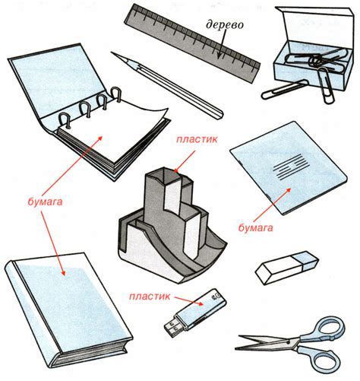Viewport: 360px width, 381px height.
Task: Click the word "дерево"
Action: coord(225,25)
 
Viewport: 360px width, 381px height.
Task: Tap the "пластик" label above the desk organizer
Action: coord(197,139)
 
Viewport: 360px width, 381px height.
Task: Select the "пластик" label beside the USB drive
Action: coord(150,297)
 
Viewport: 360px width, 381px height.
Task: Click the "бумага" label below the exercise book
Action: coord(255,228)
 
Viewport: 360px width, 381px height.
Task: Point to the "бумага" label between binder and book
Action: coord(45,202)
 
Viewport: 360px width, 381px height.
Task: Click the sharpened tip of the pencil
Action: coord(112,53)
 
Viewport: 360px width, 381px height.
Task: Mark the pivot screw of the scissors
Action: coord(289,342)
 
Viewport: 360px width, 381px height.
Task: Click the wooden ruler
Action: coord(192,43)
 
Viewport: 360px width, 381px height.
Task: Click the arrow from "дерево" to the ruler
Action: coord(221,44)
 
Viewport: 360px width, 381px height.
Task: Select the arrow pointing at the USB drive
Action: coord(189,300)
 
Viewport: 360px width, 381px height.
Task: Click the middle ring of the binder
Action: coord(86,110)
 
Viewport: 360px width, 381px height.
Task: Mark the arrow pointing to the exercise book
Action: coord(271,206)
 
